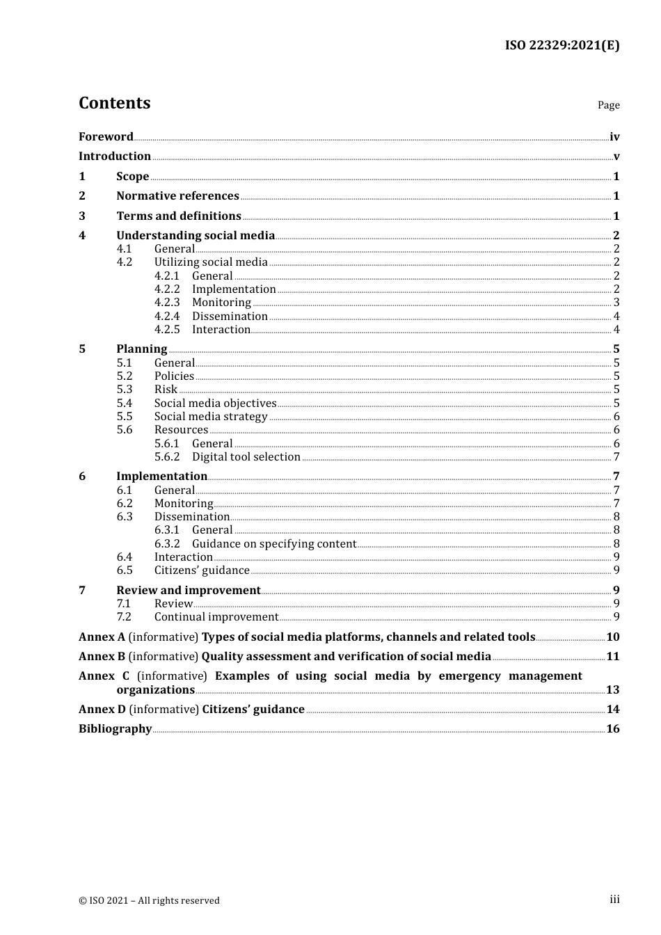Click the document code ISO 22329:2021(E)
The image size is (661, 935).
[x=562, y=45]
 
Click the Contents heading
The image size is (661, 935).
[x=114, y=103]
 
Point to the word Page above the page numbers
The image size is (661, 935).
[x=608, y=105]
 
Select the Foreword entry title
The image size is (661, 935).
[x=106, y=137]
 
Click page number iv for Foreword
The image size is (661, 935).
[x=614, y=137]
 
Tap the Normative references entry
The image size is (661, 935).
[x=177, y=196]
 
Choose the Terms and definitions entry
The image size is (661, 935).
[x=179, y=216]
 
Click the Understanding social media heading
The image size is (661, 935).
[x=196, y=236]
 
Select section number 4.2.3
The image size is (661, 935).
[x=167, y=303]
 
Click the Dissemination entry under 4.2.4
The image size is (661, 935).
[x=230, y=317]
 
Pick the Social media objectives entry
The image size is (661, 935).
[x=215, y=403]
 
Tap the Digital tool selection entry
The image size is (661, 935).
[x=246, y=457]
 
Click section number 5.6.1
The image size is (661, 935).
[x=167, y=444]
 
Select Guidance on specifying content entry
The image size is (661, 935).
[x=274, y=544]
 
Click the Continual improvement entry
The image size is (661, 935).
[x=216, y=617]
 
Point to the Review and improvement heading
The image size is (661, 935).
[x=189, y=591]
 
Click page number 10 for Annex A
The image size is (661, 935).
[x=612, y=637]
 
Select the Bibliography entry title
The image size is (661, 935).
[x=115, y=729]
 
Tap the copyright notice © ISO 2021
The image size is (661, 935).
[x=149, y=900]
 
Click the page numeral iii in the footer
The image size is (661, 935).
[x=614, y=900]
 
